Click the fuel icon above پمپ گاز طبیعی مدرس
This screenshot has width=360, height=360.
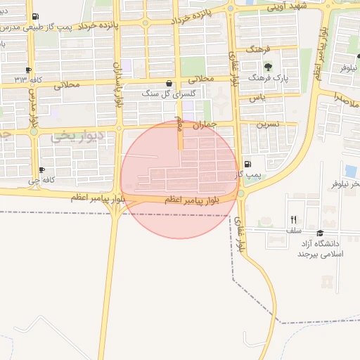click(35, 16)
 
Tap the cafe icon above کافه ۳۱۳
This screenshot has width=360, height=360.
click(28, 70)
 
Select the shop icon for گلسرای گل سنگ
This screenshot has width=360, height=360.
click(169, 83)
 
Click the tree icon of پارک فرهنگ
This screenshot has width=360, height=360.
click(268, 67)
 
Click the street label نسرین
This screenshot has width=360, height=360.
click(267, 123)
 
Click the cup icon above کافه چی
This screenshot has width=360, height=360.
click(42, 169)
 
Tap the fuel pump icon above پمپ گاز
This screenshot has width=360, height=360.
click(246, 164)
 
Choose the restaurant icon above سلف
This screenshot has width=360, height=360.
click(294, 219)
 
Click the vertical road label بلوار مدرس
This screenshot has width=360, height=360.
click(31, 105)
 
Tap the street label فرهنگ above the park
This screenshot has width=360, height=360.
click(258, 51)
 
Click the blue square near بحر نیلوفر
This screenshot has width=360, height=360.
click(351, 171)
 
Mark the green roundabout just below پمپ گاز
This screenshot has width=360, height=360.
click(241, 193)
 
